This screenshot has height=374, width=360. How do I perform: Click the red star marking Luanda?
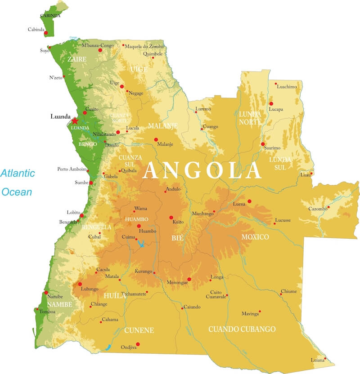pos(75,121)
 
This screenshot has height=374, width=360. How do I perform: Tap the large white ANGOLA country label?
pos(202,171)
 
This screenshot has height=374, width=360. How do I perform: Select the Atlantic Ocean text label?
pos(18,183)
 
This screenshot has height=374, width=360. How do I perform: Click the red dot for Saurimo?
pos(263,144)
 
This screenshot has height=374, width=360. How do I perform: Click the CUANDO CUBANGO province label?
pos(242,329)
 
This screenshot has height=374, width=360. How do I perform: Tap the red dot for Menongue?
pos(189,279)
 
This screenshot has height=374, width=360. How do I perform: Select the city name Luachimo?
pos(287,87)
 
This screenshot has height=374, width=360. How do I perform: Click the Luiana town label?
pos(317,360)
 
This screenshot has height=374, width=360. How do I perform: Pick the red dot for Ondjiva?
pos(138,344)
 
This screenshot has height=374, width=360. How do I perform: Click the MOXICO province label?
pos(255,237)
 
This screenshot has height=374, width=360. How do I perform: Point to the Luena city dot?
pos(249,201)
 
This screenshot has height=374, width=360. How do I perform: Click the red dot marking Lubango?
pos(80,284)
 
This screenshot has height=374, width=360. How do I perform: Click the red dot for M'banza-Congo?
pos(100,50)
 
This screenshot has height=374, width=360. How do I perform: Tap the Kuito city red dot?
pos(171,218)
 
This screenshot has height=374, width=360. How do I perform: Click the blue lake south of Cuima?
pos(141,245)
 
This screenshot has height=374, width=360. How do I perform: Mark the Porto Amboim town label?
pos(72,169)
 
